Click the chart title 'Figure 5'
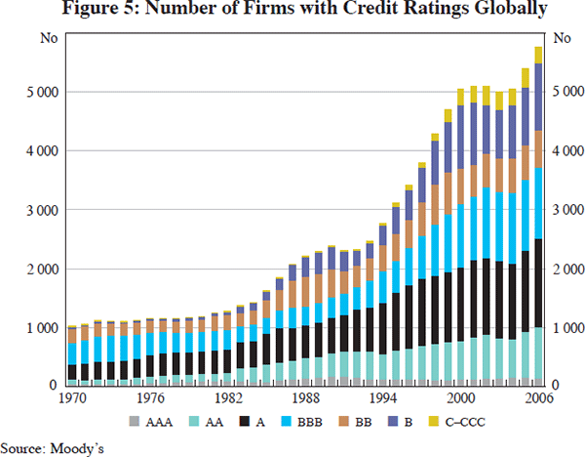[x=292, y=12]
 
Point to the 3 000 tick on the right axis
[x=567, y=210]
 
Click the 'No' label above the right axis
[x=562, y=39]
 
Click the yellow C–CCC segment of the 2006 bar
[x=538, y=55]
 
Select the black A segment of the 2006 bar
[x=538, y=283]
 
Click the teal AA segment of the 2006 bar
[x=538, y=352]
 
